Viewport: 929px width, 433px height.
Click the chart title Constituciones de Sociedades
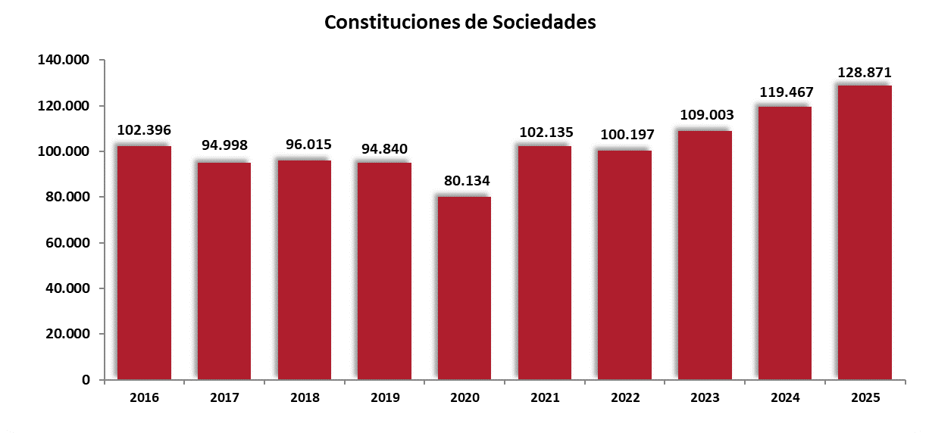click(x=460, y=23)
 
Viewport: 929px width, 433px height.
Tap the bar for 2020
click(x=465, y=288)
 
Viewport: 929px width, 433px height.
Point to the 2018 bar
click(x=304, y=269)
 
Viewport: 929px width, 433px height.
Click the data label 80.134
click(x=465, y=182)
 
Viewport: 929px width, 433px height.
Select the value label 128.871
click(x=865, y=73)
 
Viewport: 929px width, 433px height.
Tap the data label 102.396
click(x=144, y=130)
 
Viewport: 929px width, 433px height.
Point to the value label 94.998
click(x=224, y=145)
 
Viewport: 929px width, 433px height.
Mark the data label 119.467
click(x=786, y=92)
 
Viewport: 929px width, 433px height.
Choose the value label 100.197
click(x=624, y=135)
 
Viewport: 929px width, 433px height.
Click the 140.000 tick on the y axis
click(x=64, y=60)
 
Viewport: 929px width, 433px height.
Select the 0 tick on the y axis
click(x=86, y=380)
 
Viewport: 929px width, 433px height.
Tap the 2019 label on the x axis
click(x=384, y=397)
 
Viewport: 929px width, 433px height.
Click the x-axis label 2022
click(x=624, y=397)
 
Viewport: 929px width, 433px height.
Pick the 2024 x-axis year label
click(x=785, y=397)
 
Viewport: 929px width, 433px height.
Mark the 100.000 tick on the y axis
click(x=64, y=151)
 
